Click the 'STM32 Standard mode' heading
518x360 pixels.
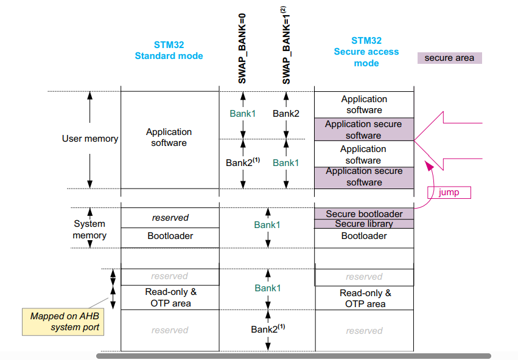click(x=169, y=50)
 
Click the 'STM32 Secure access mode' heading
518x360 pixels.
click(x=366, y=52)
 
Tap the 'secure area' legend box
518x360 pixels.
click(x=449, y=58)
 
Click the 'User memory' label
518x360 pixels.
click(x=90, y=139)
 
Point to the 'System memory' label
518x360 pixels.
click(x=89, y=229)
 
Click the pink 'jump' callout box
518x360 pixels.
click(x=449, y=193)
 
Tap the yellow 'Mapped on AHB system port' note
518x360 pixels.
click(x=65, y=322)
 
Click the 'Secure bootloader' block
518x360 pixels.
click(x=364, y=214)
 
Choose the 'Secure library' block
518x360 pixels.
click(x=364, y=224)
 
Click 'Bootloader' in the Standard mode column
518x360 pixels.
click(x=170, y=236)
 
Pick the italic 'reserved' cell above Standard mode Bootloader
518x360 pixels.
click(x=170, y=218)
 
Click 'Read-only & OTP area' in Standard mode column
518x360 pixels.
click(x=170, y=297)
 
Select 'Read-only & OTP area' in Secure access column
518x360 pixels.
click(x=365, y=298)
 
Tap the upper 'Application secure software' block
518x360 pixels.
click(x=363, y=130)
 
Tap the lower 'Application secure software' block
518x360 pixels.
click(x=364, y=176)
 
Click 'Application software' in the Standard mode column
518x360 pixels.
click(x=169, y=137)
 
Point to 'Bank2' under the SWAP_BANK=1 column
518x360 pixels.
click(x=286, y=113)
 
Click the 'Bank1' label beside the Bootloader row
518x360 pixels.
click(x=267, y=225)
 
